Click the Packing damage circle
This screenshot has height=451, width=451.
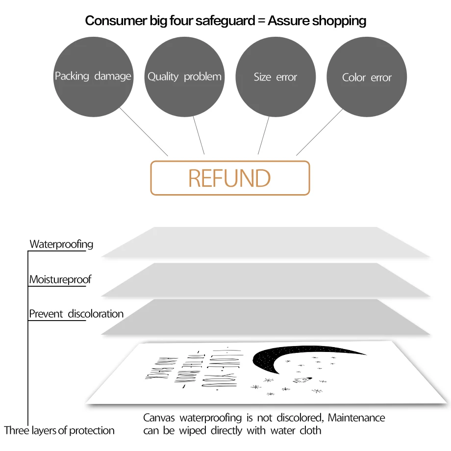click(93, 77)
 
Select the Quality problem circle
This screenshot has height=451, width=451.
click(184, 77)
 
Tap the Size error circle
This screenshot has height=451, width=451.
click(276, 77)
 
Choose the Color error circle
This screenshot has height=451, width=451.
click(367, 77)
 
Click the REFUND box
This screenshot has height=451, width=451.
click(230, 178)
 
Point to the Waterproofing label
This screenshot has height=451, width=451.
click(61, 244)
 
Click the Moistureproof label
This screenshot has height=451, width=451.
click(60, 280)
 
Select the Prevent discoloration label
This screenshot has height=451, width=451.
click(76, 314)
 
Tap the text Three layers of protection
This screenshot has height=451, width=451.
click(59, 431)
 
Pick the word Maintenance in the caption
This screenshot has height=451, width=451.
click(356, 418)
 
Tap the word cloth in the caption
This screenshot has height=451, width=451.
click(309, 431)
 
